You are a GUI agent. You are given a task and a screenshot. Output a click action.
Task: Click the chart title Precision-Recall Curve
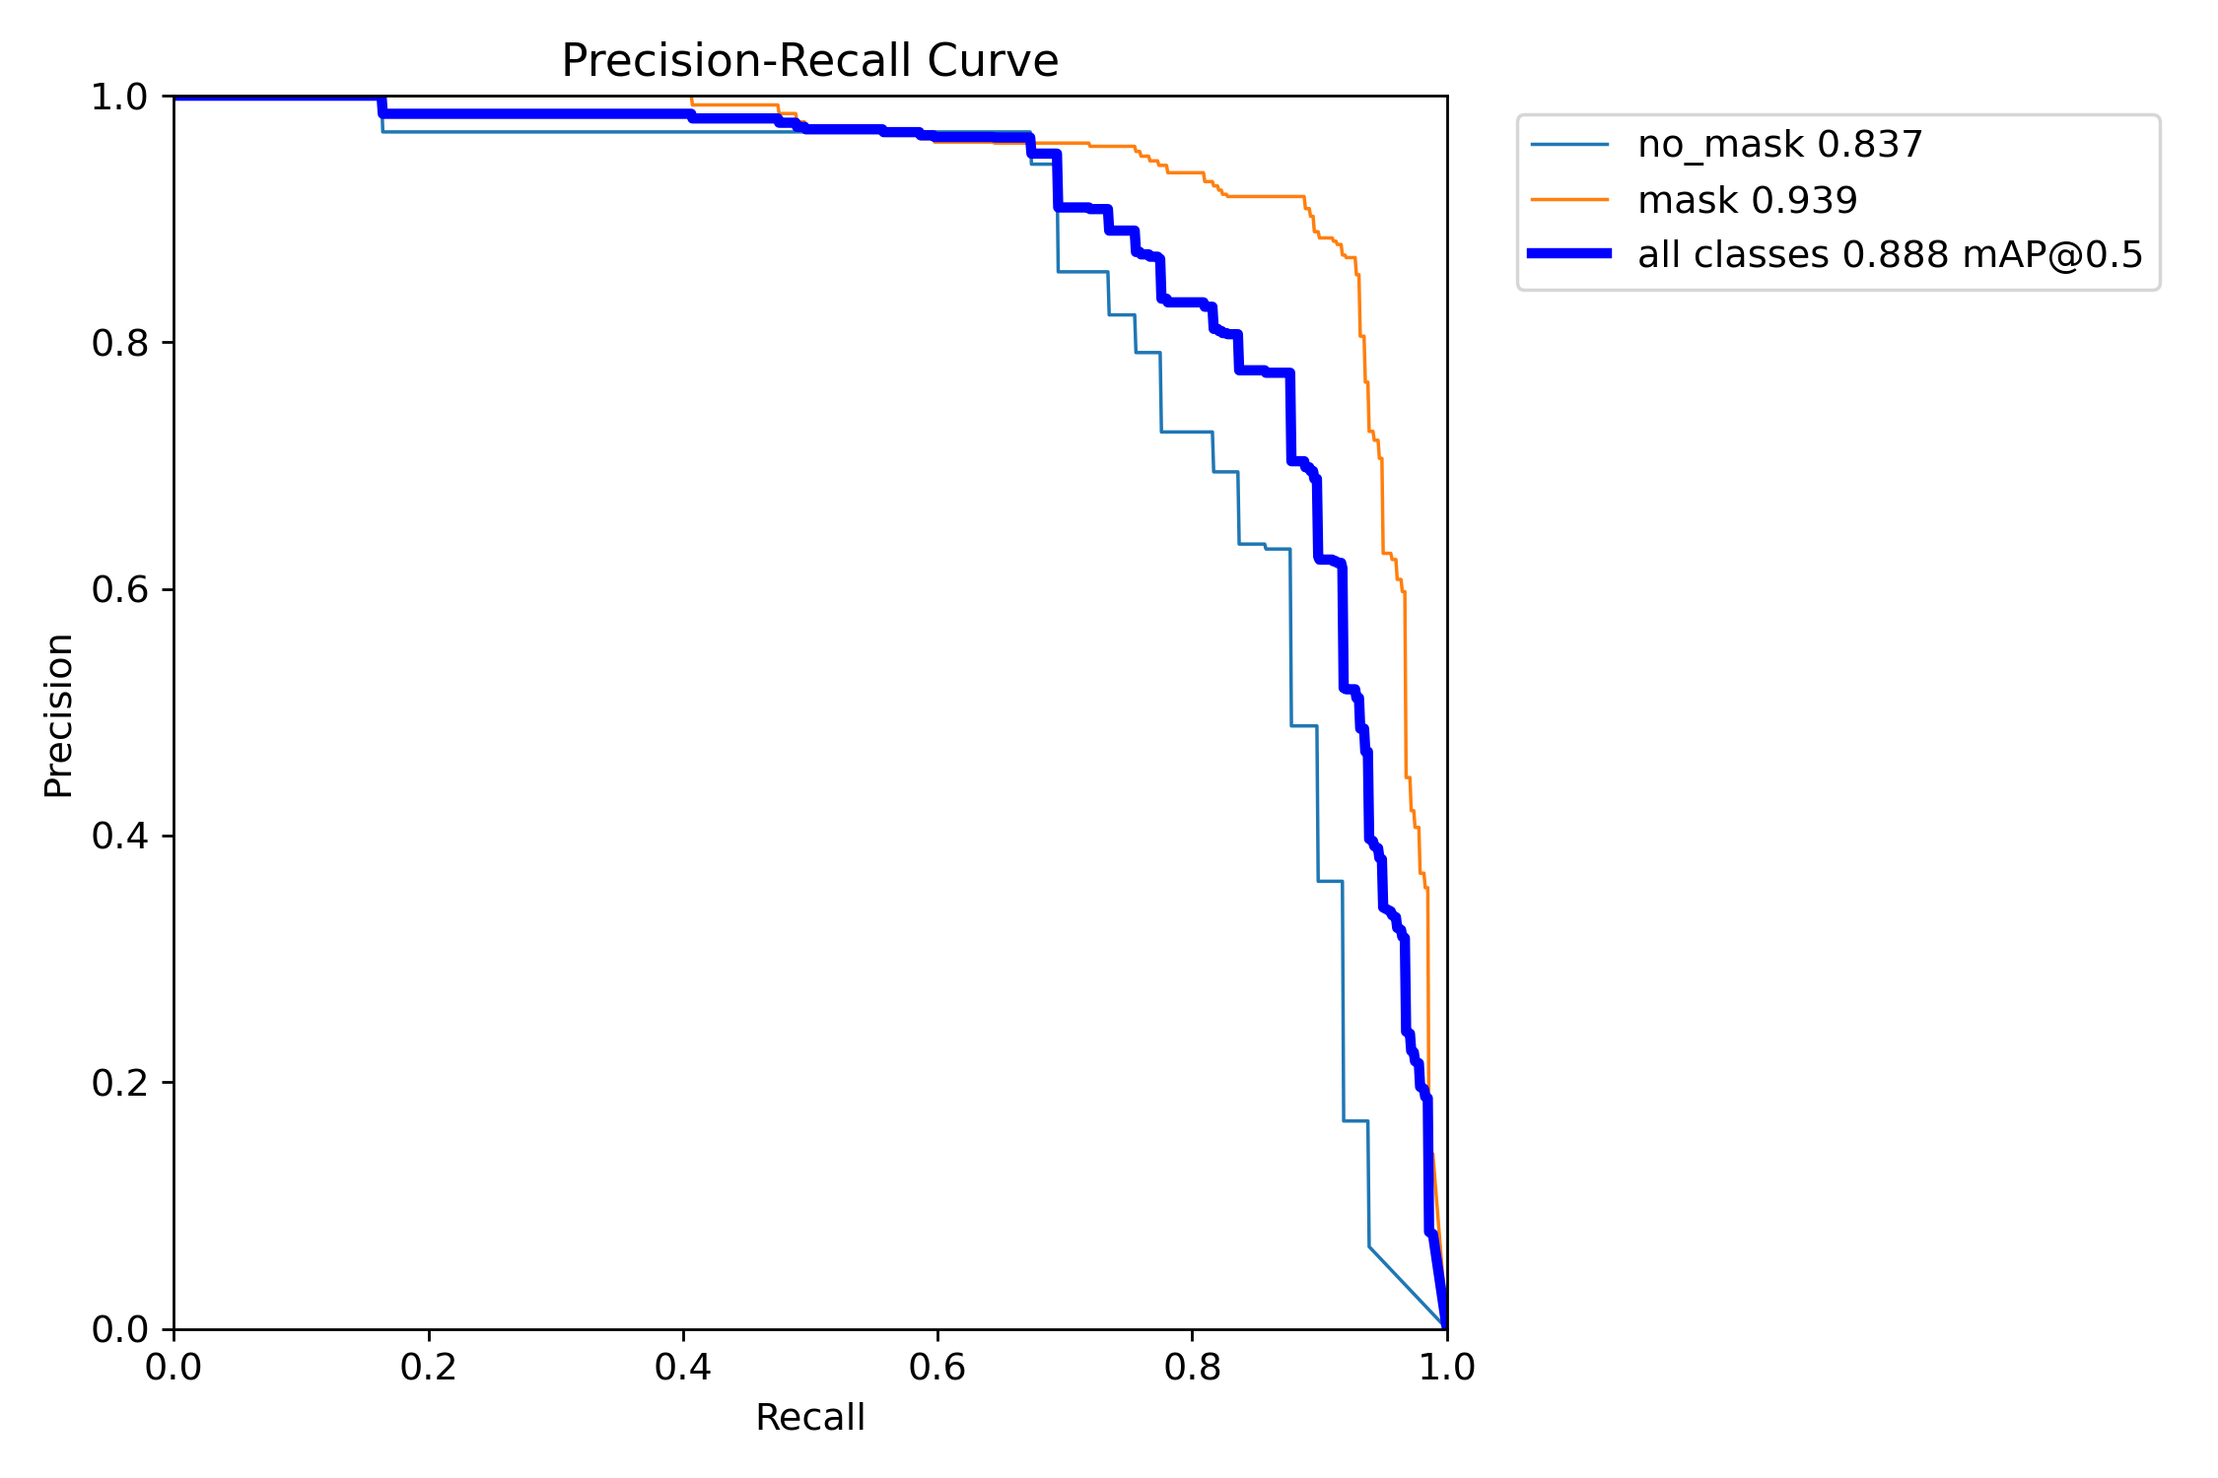(x=809, y=61)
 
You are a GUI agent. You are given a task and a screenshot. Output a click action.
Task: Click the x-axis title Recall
(x=809, y=1418)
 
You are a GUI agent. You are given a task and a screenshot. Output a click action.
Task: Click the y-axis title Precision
(x=58, y=715)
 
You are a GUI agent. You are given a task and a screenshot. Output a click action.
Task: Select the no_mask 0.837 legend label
(x=1779, y=145)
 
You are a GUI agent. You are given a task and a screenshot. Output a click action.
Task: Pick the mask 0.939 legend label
(x=1747, y=200)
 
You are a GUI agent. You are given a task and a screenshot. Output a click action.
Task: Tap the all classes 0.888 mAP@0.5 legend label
(x=1890, y=255)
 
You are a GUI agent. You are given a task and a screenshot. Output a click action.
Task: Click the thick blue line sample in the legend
(x=1569, y=254)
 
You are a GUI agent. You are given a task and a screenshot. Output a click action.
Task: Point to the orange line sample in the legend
(x=1569, y=200)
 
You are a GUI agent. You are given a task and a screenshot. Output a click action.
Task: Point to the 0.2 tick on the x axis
(x=429, y=1368)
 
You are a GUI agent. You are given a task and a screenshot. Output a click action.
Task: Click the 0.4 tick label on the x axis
(x=683, y=1368)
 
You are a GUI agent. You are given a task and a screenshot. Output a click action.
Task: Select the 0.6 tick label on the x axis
(x=937, y=1368)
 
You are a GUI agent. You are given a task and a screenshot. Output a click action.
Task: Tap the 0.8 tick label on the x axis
(x=1192, y=1368)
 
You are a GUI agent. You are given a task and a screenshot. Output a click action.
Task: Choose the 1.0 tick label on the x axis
(x=1446, y=1368)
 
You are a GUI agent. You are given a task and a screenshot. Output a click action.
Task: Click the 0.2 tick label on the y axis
(x=119, y=1083)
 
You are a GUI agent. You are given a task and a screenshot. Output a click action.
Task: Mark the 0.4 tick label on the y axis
(x=119, y=837)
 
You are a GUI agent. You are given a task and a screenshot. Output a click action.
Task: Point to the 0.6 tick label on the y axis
(x=119, y=590)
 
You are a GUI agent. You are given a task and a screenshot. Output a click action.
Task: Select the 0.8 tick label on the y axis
(x=119, y=344)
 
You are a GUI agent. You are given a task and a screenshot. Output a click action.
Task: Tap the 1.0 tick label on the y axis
(x=119, y=98)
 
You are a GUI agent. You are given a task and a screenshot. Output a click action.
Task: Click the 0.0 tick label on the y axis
(x=119, y=1329)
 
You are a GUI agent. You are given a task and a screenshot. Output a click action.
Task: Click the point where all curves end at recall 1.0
(x=1446, y=1327)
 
